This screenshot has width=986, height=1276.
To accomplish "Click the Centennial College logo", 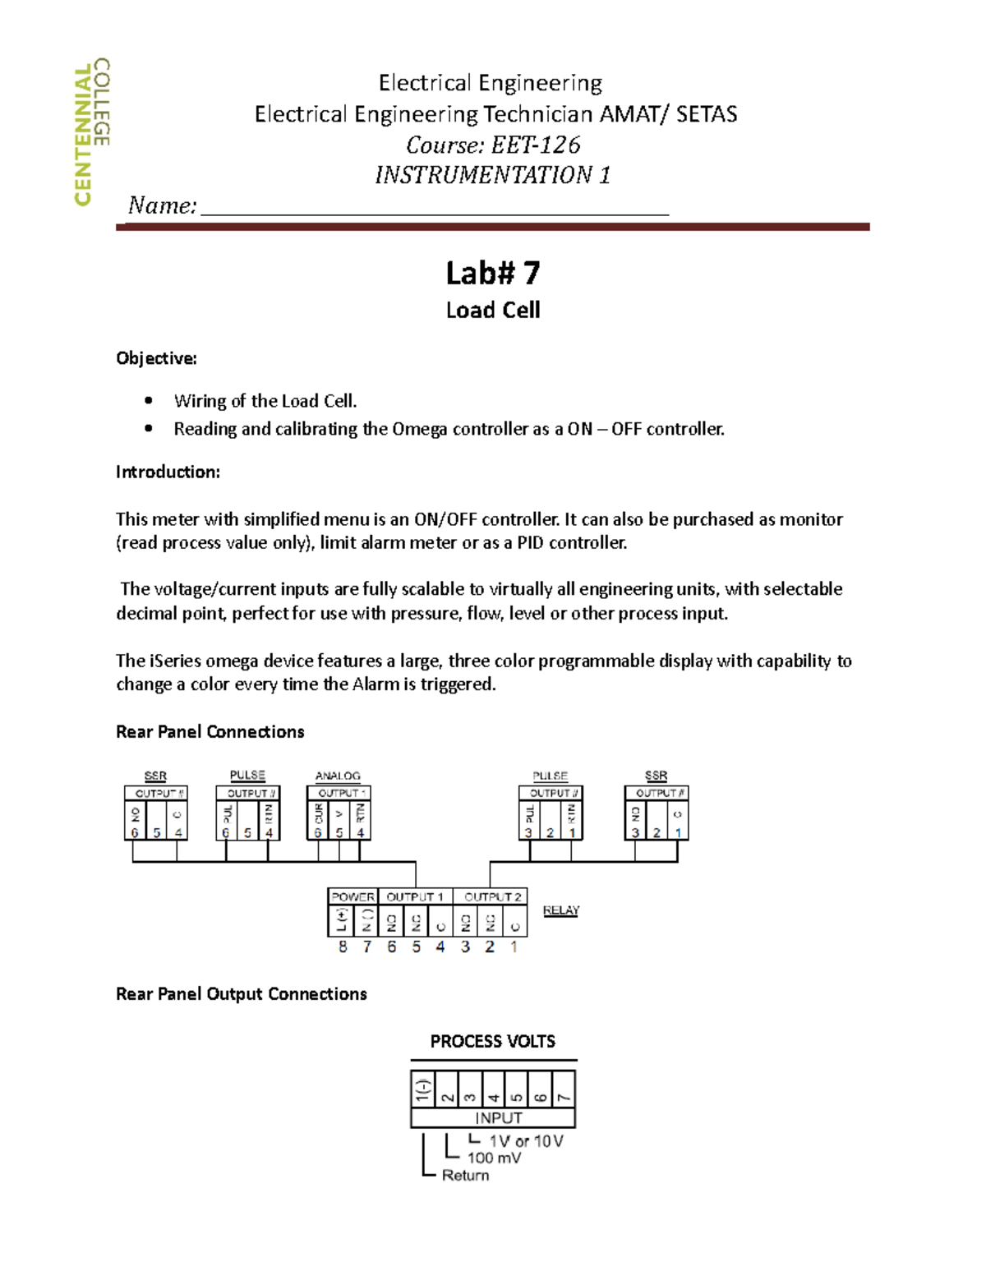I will [x=91, y=131].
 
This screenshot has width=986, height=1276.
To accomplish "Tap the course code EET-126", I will [x=536, y=145].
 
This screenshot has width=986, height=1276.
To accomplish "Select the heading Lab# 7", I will [x=492, y=273].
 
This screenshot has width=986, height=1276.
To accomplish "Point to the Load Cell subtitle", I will [x=492, y=310].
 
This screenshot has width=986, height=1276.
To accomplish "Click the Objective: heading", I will [x=156, y=358].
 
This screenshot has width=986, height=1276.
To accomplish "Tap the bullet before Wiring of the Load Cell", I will [x=149, y=401].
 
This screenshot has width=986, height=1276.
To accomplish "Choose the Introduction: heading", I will [x=168, y=472].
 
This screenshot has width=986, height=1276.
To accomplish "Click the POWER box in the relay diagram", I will [x=352, y=896].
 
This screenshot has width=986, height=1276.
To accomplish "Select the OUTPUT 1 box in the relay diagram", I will [x=415, y=896].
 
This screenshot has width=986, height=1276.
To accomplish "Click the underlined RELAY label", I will [x=561, y=910].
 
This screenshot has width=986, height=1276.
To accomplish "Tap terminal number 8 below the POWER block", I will [x=343, y=947].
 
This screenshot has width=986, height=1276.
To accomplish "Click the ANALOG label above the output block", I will [x=338, y=776].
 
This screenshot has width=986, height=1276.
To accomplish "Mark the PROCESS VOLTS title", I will [x=492, y=1041].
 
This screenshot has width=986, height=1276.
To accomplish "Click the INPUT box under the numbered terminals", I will [x=498, y=1117].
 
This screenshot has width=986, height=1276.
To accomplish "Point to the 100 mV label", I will [x=494, y=1158].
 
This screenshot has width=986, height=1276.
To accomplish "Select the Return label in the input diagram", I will [x=465, y=1175].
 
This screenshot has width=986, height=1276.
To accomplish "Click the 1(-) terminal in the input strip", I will [x=422, y=1090].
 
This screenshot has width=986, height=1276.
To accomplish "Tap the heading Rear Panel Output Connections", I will [x=241, y=994].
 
